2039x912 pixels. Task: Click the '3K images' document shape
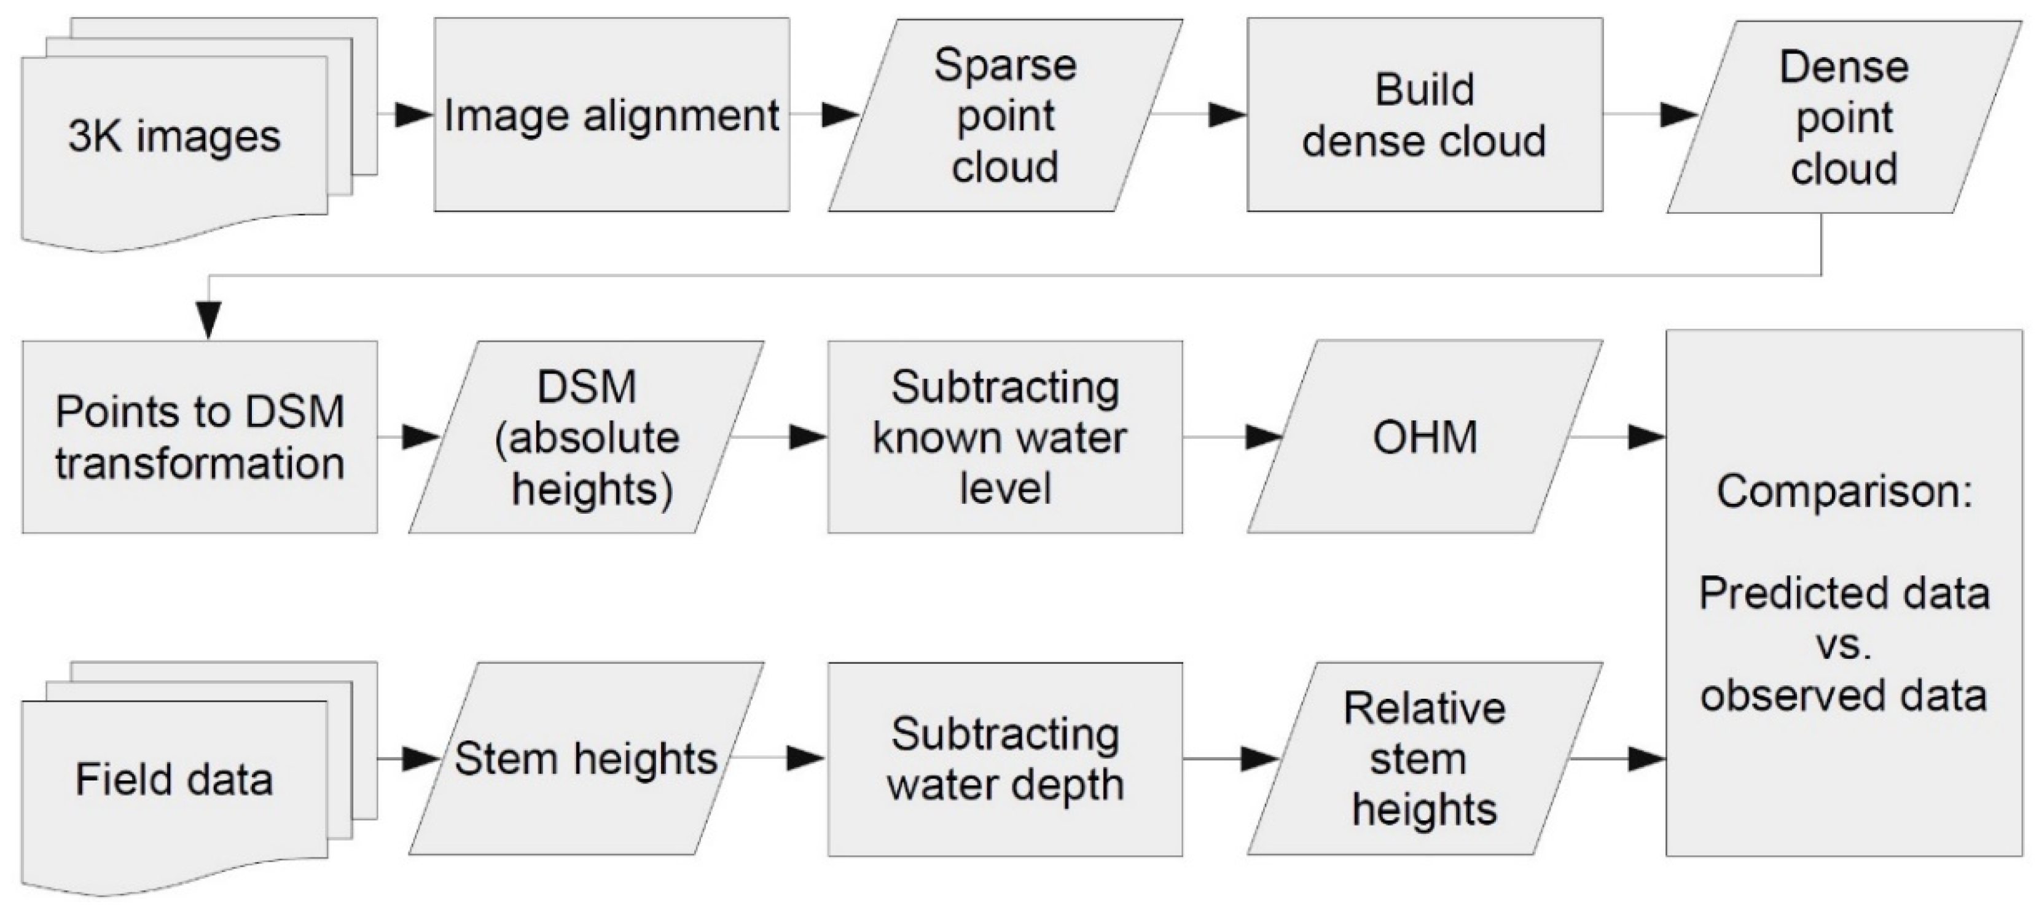pos(174,136)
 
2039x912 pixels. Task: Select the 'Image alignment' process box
pos(611,116)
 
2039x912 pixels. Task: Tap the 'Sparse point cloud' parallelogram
pos(1004,116)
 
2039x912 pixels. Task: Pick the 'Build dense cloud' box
pos(1424,116)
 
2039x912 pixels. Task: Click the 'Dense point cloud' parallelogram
pos(1844,117)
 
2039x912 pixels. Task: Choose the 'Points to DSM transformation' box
pos(200,437)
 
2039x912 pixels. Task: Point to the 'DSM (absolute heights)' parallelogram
pos(585,437)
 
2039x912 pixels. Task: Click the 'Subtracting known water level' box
pos(1004,437)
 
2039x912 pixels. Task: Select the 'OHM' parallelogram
pos(1424,437)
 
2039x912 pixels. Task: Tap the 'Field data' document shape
pos(174,779)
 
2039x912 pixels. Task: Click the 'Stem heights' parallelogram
pos(585,758)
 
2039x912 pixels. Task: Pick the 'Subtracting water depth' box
pos(1004,758)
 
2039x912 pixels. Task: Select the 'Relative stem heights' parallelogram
pos(1424,758)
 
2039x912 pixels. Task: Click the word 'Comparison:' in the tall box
pos(1844,492)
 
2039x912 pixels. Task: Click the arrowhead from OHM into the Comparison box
pos(1646,437)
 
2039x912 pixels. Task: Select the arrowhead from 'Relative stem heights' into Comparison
pos(1646,759)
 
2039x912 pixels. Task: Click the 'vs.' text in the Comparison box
pos(1844,645)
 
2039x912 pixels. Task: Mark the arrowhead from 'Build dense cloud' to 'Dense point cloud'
pos(1677,116)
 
